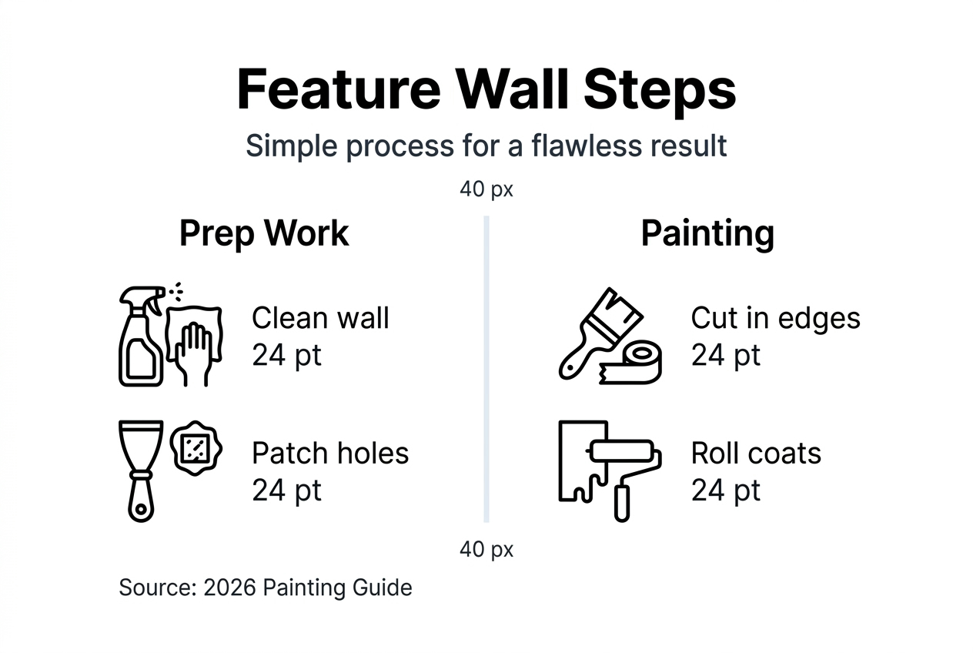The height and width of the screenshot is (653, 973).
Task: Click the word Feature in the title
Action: pyautogui.click(x=339, y=89)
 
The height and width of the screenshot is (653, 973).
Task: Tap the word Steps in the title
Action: pyautogui.click(x=660, y=93)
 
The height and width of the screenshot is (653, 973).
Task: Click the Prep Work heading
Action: pyautogui.click(x=264, y=234)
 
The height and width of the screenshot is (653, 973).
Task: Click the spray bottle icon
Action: pyautogui.click(x=142, y=337)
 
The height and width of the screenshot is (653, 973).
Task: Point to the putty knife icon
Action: pyautogui.click(x=141, y=470)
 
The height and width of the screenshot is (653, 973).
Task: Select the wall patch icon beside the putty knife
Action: pyautogui.click(x=196, y=448)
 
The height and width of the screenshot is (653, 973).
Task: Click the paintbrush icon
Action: pyautogui.click(x=600, y=333)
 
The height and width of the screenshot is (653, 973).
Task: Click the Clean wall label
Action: pyautogui.click(x=320, y=318)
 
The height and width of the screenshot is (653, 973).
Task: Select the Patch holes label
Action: pyautogui.click(x=330, y=453)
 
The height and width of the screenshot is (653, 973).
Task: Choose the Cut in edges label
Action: pyautogui.click(x=775, y=319)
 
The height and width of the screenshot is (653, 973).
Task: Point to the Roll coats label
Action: pyautogui.click(x=756, y=454)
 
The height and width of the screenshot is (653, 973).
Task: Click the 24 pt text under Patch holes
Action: pyautogui.click(x=286, y=491)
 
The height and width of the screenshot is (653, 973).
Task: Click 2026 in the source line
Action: pyautogui.click(x=229, y=588)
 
